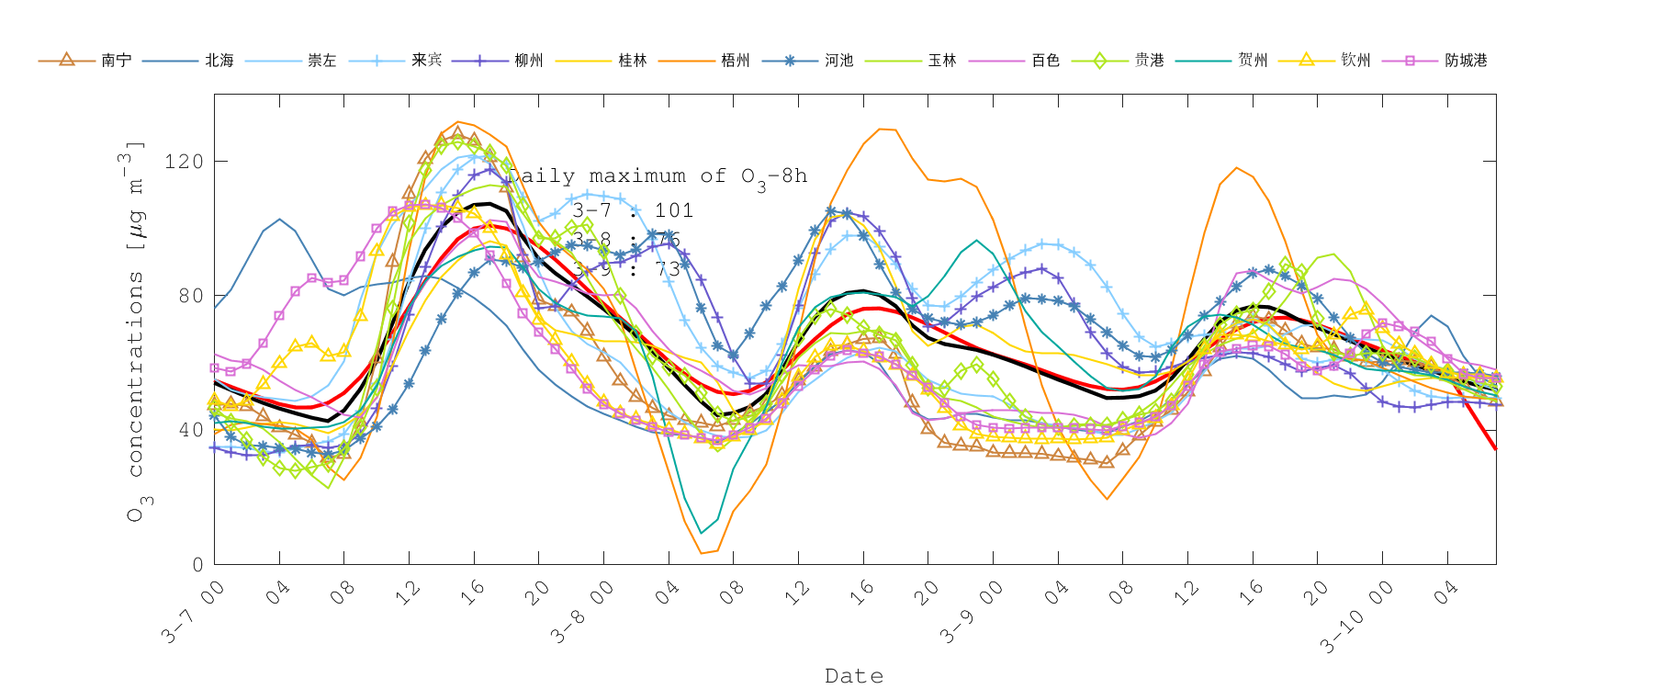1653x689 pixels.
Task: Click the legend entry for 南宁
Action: [116, 61]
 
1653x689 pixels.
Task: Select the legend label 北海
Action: [219, 61]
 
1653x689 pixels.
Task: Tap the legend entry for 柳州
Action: [529, 61]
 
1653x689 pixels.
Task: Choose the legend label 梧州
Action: [736, 61]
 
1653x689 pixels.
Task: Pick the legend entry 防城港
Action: [1466, 61]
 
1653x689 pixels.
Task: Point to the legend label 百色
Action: [1045, 61]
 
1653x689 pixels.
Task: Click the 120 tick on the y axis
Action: [183, 162]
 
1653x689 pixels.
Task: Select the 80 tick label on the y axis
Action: [189, 296]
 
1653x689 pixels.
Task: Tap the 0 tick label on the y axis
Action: [197, 564]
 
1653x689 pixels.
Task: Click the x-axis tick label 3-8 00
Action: [582, 612]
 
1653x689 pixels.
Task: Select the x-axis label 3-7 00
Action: [193, 612]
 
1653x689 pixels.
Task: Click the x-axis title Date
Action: [854, 676]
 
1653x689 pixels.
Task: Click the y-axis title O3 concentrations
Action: [136, 331]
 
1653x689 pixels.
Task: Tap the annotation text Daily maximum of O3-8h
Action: [658, 176]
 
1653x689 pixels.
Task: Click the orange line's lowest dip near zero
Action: [703, 552]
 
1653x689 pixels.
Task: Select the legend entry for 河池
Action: [838, 61]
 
